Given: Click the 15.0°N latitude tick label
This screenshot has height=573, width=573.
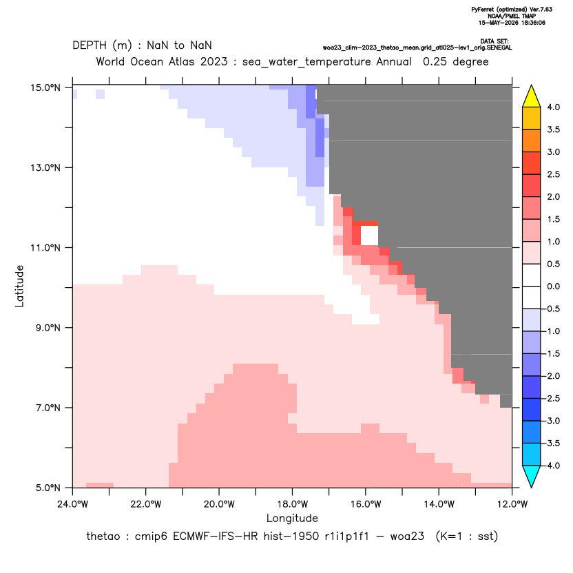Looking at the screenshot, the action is click(x=45, y=87).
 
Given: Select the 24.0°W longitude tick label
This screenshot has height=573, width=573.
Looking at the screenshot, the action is click(x=73, y=504).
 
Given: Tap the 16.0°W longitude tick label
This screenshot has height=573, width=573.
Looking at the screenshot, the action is click(x=366, y=504).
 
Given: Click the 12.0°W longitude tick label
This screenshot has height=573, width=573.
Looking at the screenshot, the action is click(x=512, y=504).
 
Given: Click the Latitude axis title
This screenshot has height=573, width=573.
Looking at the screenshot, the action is click(x=19, y=286).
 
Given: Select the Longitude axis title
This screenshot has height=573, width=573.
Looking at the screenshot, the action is click(x=292, y=518).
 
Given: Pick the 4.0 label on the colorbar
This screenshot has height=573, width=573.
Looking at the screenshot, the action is click(x=553, y=107).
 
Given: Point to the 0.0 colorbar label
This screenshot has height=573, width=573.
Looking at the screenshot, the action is click(x=553, y=286).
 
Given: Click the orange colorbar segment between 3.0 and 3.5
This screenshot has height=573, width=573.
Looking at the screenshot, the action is click(x=532, y=140).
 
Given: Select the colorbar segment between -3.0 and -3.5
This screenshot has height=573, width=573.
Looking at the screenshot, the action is click(x=532, y=432).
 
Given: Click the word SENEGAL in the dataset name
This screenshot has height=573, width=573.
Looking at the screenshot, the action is click(x=500, y=48).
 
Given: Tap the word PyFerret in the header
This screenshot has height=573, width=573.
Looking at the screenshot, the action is click(x=482, y=10).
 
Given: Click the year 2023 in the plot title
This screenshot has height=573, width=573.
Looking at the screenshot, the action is click(x=213, y=61).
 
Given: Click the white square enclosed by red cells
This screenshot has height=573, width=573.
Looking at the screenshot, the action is click(x=369, y=236).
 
